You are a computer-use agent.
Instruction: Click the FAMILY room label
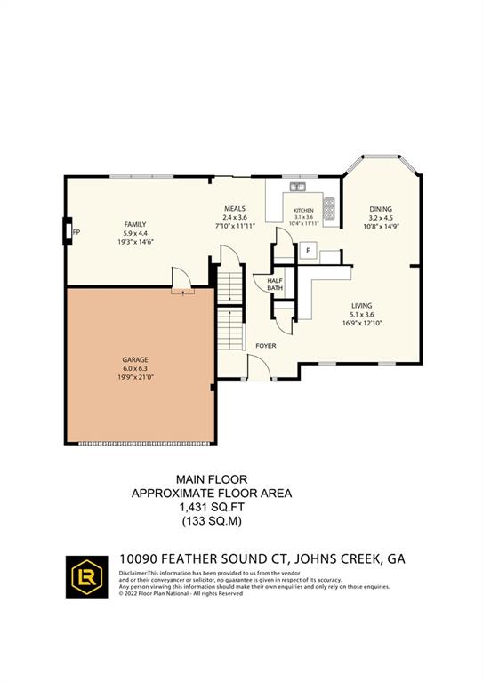pos(136,224)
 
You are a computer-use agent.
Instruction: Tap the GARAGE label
pos(136,361)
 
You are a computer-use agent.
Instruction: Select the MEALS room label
pos(235,209)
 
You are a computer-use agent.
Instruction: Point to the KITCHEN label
pos(304,211)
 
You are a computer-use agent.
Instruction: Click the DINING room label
pos(381,210)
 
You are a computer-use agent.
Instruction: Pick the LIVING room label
pos(361,305)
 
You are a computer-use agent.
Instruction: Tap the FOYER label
pos(266,345)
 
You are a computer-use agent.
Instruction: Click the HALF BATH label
pos(275,284)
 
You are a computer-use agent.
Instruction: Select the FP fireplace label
pos(76,233)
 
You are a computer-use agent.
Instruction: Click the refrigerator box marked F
pos(308,251)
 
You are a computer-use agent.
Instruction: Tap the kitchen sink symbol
pos(296,187)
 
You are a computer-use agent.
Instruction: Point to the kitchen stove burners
pos(330,208)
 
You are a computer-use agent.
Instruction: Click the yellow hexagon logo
pos(88,577)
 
